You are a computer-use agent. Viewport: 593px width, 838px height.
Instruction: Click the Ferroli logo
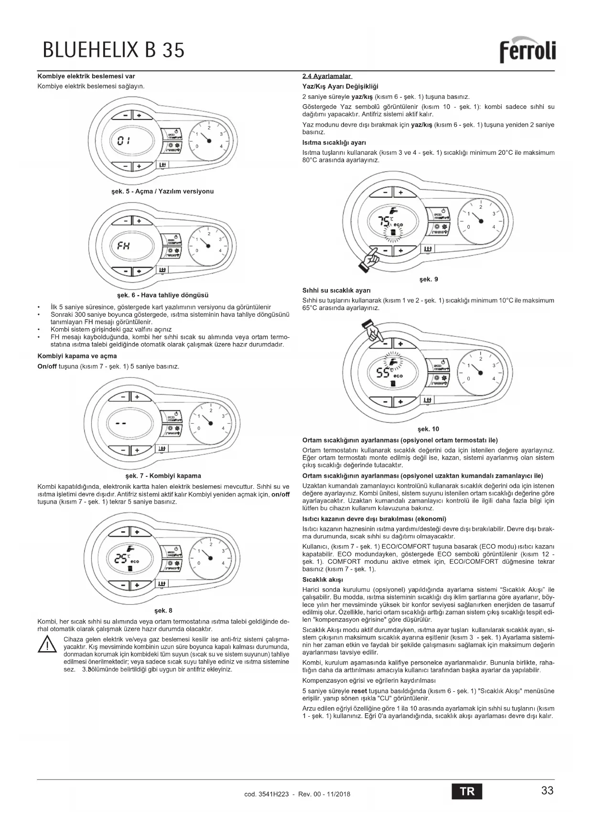click(x=528, y=51)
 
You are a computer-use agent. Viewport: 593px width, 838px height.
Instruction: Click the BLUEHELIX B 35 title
click(x=113, y=50)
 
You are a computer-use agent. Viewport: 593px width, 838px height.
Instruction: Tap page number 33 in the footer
click(x=547, y=791)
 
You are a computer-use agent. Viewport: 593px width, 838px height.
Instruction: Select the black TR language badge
click(x=467, y=791)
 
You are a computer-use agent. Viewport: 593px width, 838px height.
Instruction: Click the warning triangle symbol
click(x=48, y=646)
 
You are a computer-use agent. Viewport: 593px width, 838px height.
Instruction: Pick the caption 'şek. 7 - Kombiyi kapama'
click(x=163, y=476)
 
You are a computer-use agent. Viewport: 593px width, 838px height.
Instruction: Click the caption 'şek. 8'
click(x=163, y=611)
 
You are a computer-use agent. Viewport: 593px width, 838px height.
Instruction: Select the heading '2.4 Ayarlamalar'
click(x=327, y=76)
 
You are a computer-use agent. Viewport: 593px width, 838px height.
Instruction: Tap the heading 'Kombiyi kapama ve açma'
click(x=77, y=356)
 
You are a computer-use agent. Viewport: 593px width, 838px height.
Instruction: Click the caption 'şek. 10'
click(x=428, y=429)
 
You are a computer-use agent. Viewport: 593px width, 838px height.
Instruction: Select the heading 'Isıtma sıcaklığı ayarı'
click(x=334, y=142)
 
